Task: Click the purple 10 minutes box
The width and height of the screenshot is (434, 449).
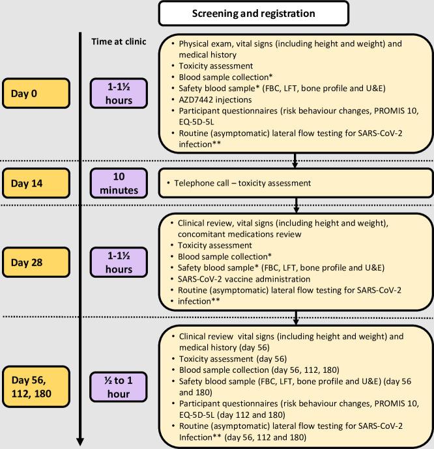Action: (119, 184)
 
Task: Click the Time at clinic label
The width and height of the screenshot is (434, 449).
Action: (119, 42)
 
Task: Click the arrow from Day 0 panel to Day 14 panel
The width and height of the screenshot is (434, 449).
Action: (297, 161)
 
